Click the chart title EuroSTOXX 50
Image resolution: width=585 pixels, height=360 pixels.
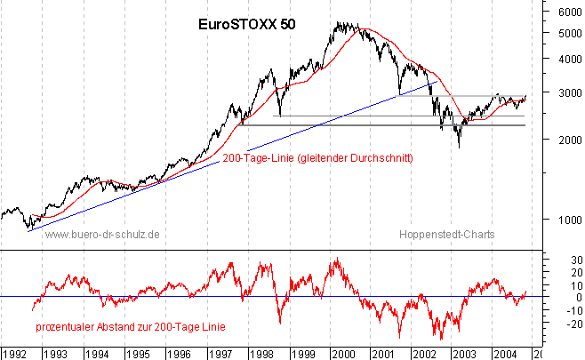pyautogui.click(x=246, y=25)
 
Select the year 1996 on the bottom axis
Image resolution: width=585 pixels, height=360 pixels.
pyautogui.click(x=176, y=353)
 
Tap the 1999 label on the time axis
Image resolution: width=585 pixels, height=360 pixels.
pyautogui.click(x=300, y=353)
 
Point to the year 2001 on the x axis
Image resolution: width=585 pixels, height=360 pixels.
pyautogui.click(x=383, y=353)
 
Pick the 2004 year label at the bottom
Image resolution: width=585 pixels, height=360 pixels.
pyautogui.click(x=503, y=353)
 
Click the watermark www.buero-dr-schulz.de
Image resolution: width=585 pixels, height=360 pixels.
pyautogui.click(x=101, y=235)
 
